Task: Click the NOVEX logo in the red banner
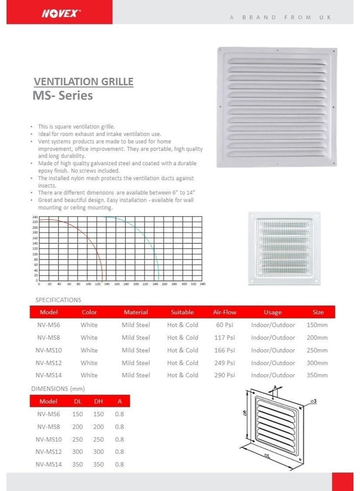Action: [61, 13]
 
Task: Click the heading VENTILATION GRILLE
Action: [84, 82]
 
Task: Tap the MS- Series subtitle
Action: [63, 95]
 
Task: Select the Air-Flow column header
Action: [225, 312]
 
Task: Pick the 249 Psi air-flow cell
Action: [225, 362]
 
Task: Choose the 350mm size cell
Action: [318, 375]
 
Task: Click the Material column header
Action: [135, 312]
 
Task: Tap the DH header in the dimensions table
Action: [99, 401]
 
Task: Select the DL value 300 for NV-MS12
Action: [77, 451]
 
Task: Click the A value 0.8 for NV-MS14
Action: [119, 464]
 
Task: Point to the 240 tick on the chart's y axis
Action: [35, 217]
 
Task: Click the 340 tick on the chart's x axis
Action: [202, 284]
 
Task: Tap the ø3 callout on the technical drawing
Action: [313, 400]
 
